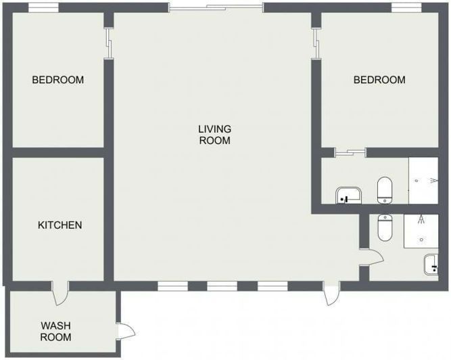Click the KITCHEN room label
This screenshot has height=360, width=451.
(x=60, y=225)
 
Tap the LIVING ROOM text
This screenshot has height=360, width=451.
(x=214, y=135)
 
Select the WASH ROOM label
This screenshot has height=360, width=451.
(x=55, y=331)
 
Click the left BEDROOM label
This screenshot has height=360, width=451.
(x=58, y=80)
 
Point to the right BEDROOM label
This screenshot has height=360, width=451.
(x=379, y=80)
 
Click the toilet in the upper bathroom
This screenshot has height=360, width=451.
(x=385, y=190)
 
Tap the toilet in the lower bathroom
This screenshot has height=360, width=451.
(x=385, y=228)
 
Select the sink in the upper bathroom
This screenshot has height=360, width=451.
(x=348, y=196)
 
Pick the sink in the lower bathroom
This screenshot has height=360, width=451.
(x=431, y=264)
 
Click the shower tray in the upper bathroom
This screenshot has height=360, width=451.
(x=423, y=181)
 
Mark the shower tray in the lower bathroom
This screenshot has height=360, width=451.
(x=421, y=230)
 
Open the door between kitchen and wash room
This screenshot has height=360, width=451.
(x=60, y=292)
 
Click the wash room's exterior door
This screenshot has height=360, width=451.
(x=126, y=331)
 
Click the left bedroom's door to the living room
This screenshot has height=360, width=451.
(x=108, y=43)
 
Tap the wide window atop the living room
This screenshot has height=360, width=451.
(x=216, y=7)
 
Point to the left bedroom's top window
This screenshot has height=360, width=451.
(x=43, y=7)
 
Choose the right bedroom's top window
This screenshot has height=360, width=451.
(x=406, y=7)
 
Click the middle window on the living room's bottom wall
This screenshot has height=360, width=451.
(x=222, y=286)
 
